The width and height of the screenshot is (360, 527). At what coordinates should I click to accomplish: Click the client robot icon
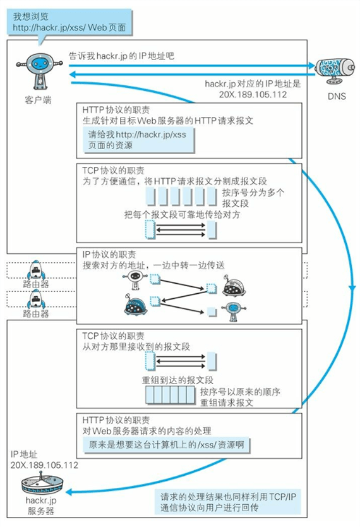(x=37, y=71)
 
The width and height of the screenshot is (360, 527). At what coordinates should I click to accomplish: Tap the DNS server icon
(x=336, y=68)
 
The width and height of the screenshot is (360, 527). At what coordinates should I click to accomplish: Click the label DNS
(x=337, y=96)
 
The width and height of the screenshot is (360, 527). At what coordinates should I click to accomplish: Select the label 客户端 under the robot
(x=36, y=100)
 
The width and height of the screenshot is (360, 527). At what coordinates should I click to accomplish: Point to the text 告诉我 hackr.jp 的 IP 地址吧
(x=121, y=56)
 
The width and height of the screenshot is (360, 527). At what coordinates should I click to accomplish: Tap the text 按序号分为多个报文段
(x=253, y=198)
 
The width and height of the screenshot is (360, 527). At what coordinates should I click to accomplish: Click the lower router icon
(x=36, y=301)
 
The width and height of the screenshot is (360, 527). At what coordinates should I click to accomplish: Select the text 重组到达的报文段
(x=180, y=380)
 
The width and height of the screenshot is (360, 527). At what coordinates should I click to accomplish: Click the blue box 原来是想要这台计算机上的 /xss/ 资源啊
(x=167, y=445)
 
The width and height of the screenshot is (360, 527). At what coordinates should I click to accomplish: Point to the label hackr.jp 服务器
(x=42, y=505)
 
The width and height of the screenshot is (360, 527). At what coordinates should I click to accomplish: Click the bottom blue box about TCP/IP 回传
(x=227, y=501)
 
